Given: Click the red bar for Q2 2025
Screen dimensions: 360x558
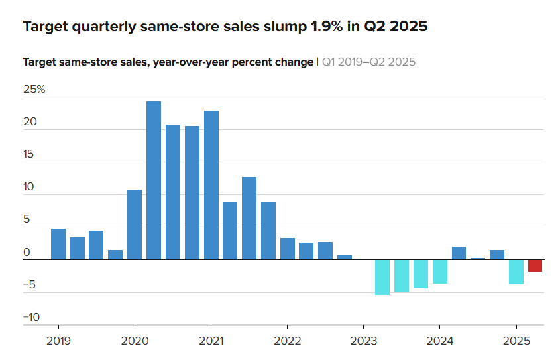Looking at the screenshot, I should pyautogui.click(x=535, y=265).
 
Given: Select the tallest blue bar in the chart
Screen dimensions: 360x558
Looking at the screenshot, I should pyautogui.click(x=154, y=180).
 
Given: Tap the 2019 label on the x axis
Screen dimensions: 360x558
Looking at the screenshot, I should pyautogui.click(x=58, y=342).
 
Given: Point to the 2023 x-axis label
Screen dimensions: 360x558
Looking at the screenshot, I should pyautogui.click(x=363, y=342).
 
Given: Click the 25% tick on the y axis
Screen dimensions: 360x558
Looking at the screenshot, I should pyautogui.click(x=34, y=90).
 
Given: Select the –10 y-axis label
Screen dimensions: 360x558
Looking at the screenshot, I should pyautogui.click(x=31, y=317).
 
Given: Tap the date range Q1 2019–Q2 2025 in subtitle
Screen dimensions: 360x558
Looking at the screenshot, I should pyautogui.click(x=368, y=62).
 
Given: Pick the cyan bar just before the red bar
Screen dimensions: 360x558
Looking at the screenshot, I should pyautogui.click(x=516, y=272).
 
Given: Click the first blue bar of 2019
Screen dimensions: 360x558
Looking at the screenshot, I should pyautogui.click(x=58, y=244).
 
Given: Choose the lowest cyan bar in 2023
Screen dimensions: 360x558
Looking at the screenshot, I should pyautogui.click(x=382, y=277).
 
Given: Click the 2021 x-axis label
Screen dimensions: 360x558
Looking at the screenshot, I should pyautogui.click(x=211, y=342).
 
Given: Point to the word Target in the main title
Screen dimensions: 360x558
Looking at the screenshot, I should pyautogui.click(x=45, y=27).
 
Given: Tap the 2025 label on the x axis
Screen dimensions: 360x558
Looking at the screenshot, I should pyautogui.click(x=516, y=342).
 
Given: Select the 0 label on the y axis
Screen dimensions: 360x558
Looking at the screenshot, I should pyautogui.click(x=27, y=252).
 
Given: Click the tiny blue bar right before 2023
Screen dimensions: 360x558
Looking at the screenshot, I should pyautogui.click(x=344, y=257).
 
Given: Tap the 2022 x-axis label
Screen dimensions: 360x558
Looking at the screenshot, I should pyautogui.click(x=286, y=342).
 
